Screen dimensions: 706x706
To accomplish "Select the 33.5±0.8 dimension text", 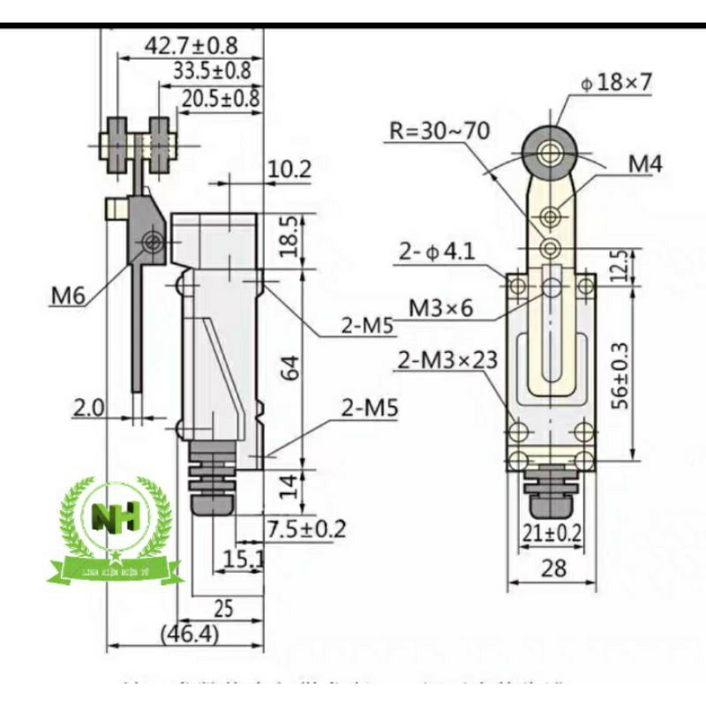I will (x=212, y=71).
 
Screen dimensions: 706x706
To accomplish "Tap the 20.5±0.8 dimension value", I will (x=221, y=98).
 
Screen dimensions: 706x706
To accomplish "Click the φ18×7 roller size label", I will (x=617, y=83).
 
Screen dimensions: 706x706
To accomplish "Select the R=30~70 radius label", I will (x=439, y=131).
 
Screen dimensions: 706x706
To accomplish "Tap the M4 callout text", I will (x=646, y=163).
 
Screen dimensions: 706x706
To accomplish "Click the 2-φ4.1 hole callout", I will (x=435, y=252).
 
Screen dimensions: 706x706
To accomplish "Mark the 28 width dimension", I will (x=553, y=569).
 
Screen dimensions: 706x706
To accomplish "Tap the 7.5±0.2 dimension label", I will (x=305, y=529).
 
